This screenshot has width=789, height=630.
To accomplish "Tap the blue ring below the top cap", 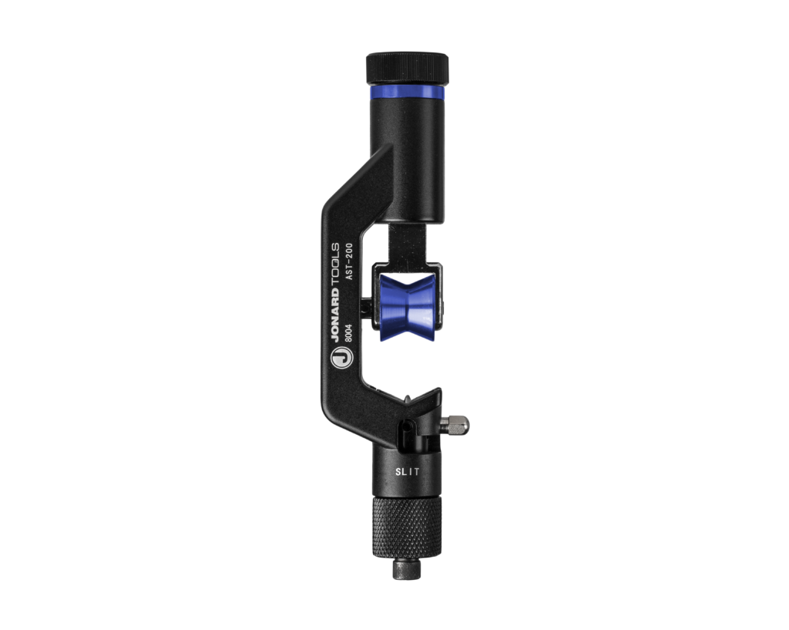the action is (407, 93).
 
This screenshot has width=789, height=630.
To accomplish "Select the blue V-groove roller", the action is (407, 307).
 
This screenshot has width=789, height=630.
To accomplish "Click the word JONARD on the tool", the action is (335, 315).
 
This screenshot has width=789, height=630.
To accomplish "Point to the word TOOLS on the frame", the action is (335, 265).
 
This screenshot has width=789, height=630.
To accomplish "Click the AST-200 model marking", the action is (349, 261).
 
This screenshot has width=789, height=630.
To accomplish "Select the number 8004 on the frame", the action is (348, 333).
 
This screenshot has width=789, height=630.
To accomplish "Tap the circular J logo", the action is (341, 359).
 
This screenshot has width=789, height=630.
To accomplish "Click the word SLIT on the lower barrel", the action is (407, 472).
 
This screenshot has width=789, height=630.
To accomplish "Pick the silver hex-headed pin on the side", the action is (454, 425).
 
